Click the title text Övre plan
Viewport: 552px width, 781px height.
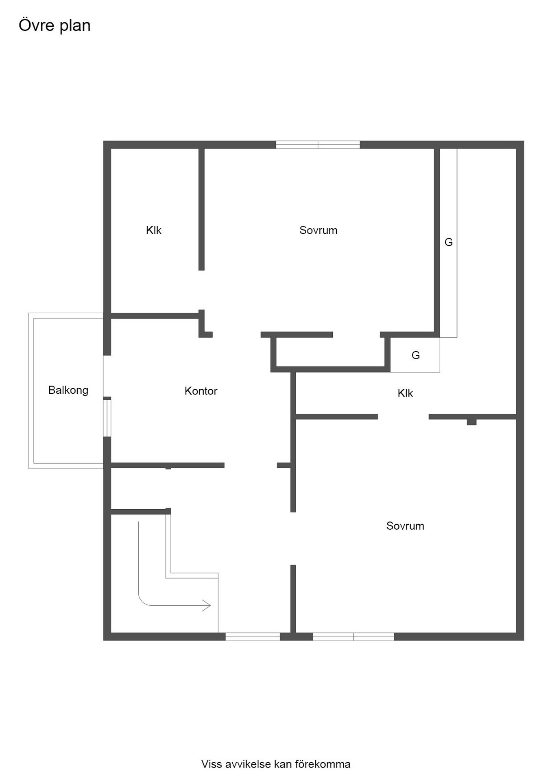point(55,26)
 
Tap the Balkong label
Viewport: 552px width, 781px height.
point(68,390)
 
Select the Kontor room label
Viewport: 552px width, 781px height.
point(201,391)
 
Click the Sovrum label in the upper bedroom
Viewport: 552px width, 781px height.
point(319,230)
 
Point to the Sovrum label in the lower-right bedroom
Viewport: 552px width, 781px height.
point(405,526)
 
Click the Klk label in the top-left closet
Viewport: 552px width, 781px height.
point(154,230)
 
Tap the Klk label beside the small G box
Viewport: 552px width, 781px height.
point(405,393)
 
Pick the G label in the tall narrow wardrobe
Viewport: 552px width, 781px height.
point(449,242)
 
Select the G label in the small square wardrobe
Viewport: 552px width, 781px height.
point(416,356)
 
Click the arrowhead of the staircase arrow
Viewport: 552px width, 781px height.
point(207,606)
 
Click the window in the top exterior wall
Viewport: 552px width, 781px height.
point(318,144)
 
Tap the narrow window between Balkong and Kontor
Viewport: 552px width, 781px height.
point(107,418)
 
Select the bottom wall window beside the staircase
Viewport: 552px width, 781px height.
point(253,637)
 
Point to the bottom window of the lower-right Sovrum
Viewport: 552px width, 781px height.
point(353,637)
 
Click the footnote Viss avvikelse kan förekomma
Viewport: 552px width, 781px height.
point(276,764)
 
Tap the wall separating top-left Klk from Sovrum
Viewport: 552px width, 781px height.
point(201,209)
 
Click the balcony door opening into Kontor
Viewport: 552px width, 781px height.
point(107,376)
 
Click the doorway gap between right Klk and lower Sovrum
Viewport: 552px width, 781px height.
point(403,417)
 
